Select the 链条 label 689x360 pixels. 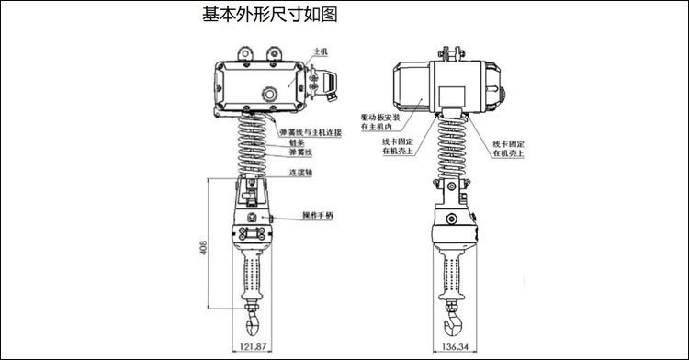[x=296, y=143]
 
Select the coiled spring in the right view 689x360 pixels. [x=455, y=147]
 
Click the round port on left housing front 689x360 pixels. [x=269, y=93]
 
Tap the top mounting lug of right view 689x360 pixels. [x=452, y=51]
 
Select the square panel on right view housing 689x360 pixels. [x=452, y=94]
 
